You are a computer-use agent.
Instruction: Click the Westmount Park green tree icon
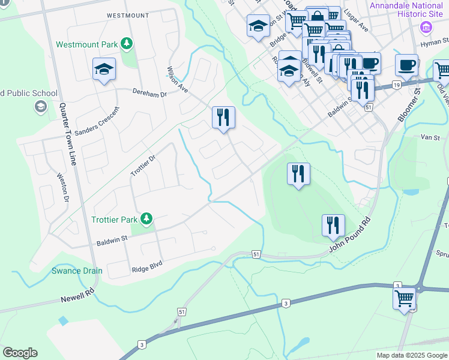tap(126, 44)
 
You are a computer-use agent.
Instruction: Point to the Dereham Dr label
tap(149, 94)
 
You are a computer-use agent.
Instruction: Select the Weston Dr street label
tap(63, 187)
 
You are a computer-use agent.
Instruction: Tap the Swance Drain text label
tap(76, 271)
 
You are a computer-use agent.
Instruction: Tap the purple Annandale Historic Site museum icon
tap(426, 27)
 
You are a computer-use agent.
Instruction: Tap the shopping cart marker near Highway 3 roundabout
tap(405, 298)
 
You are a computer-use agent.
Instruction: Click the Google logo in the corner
tap(20, 353)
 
